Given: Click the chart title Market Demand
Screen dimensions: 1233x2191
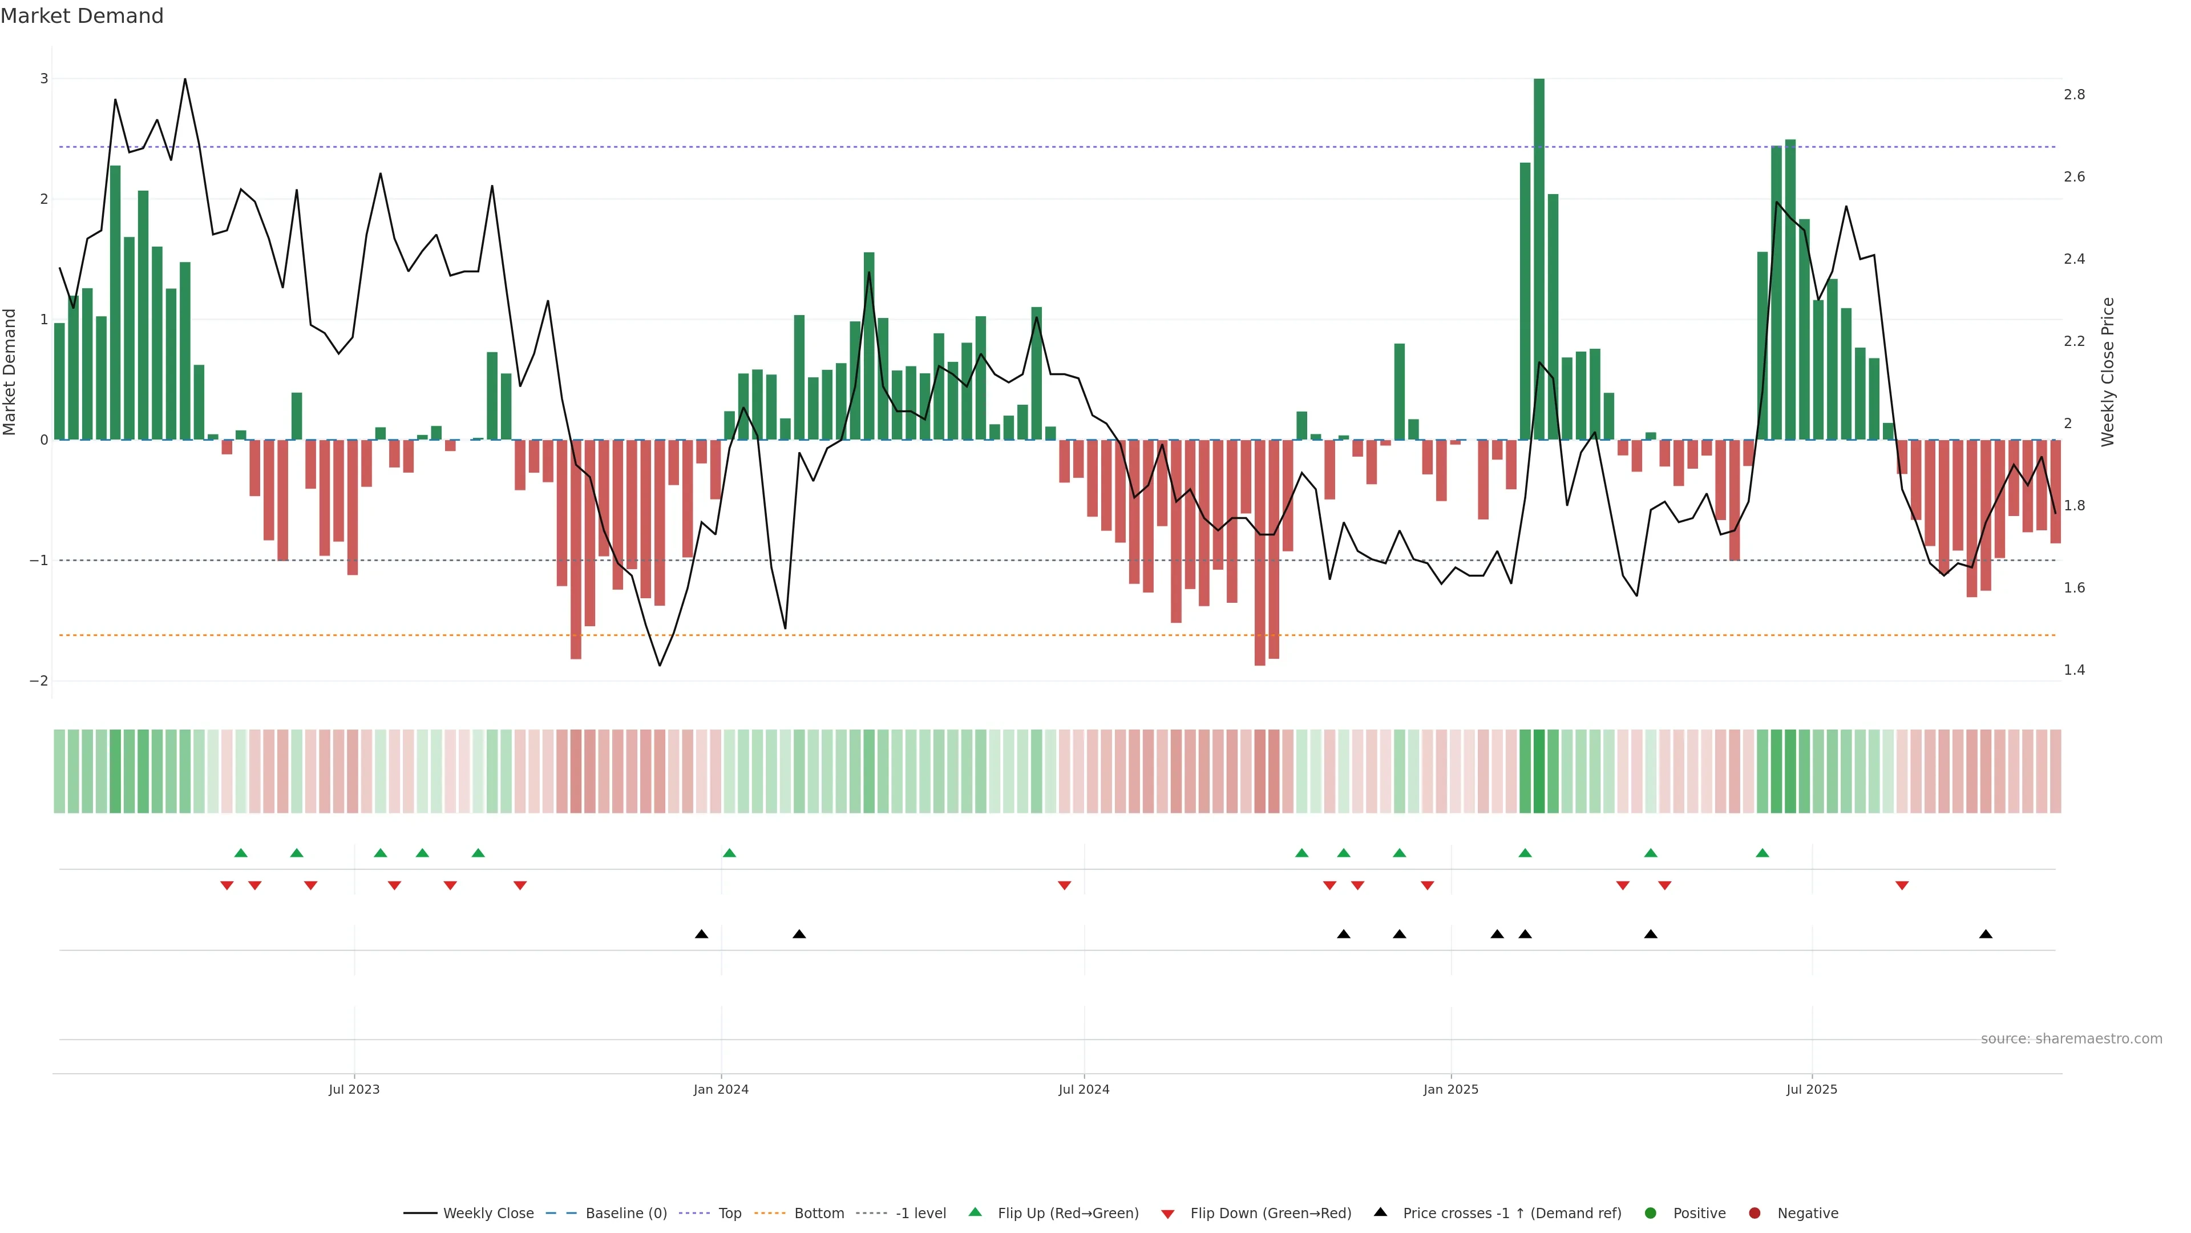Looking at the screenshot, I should (x=82, y=16).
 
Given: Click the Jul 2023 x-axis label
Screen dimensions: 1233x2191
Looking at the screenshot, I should (x=354, y=1089).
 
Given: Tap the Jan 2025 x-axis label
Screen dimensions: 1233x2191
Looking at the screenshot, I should (x=1450, y=1089).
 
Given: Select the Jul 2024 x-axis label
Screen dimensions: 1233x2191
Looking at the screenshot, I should (x=1084, y=1089).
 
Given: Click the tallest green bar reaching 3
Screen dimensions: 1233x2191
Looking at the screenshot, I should (x=1539, y=255).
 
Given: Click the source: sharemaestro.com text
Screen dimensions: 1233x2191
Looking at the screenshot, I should (x=2071, y=1039).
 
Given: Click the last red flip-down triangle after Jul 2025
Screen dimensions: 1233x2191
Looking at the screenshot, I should (x=1902, y=886).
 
